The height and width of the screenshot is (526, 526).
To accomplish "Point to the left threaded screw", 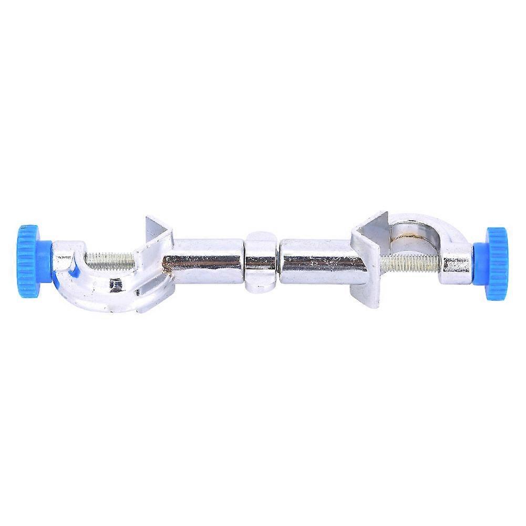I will [110, 257].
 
